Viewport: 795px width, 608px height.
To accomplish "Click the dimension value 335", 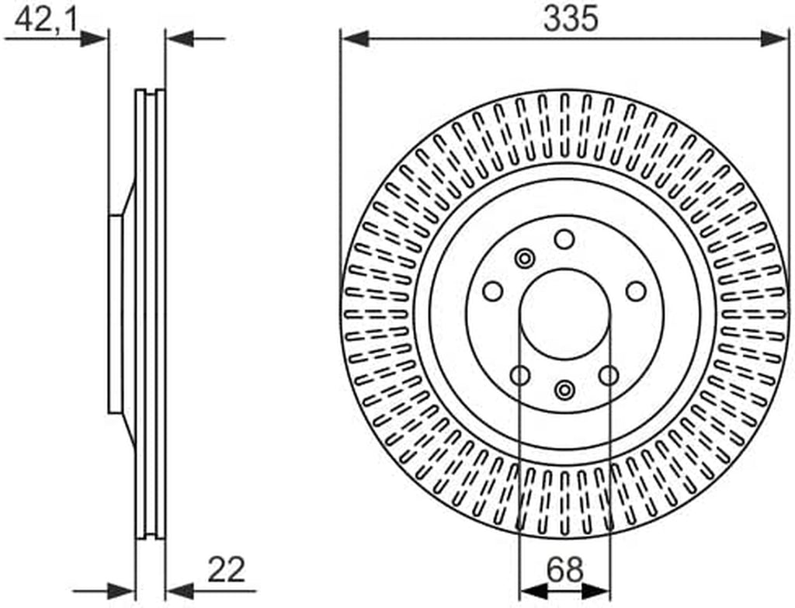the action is click(571, 19).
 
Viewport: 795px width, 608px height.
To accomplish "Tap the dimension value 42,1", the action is click(46, 20).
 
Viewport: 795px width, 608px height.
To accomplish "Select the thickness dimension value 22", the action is click(227, 569).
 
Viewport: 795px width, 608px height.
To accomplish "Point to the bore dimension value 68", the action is click(565, 569).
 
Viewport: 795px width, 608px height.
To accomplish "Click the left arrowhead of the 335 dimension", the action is click(355, 39).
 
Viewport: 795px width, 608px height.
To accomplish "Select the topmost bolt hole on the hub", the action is click(564, 239).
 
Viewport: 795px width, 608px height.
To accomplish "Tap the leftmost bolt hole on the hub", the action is click(492, 292).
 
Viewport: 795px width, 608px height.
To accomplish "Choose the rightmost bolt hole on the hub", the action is click(636, 292).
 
